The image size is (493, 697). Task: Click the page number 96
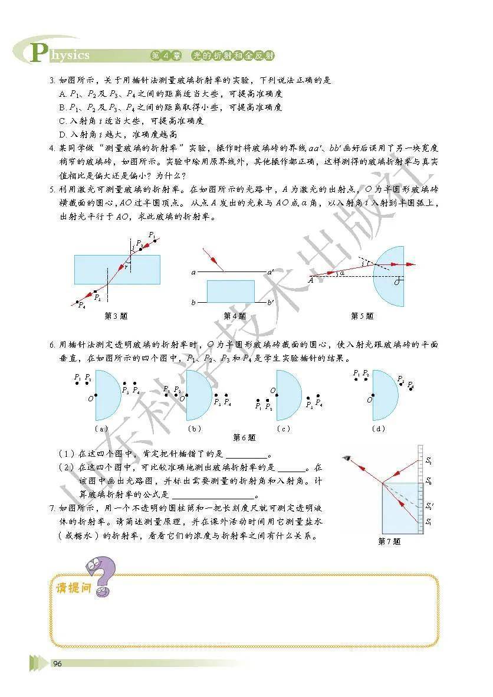point(57,663)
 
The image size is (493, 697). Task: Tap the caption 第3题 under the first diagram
point(116,316)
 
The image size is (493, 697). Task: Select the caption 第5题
point(362,316)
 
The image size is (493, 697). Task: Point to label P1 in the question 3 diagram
point(152,235)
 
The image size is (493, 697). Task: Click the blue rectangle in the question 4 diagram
point(231,291)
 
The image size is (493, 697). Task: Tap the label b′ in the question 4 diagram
point(270,303)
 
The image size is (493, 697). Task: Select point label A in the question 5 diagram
point(310,280)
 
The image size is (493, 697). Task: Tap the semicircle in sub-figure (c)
point(287,395)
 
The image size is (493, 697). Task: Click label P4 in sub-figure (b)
point(228,403)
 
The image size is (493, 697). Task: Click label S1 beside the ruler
point(428,522)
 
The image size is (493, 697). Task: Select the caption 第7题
point(389,541)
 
